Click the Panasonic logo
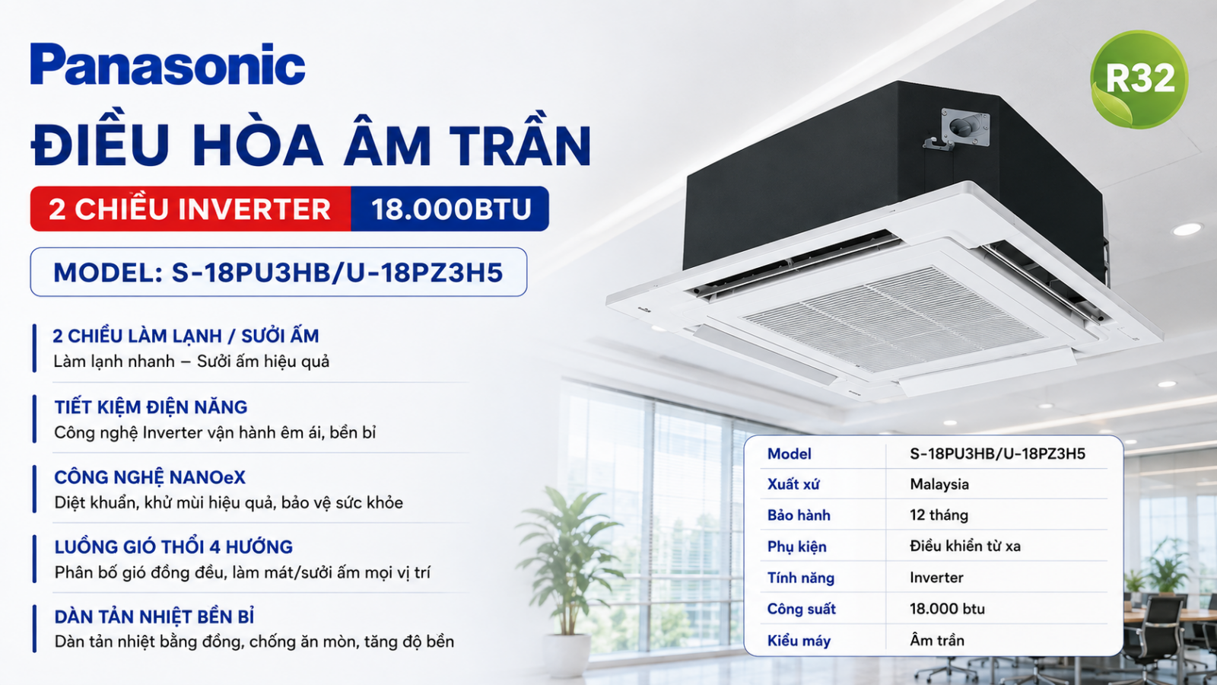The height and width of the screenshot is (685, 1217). click(x=167, y=64)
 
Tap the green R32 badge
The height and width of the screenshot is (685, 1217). click(x=1139, y=79)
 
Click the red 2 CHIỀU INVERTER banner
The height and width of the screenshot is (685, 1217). click(x=190, y=209)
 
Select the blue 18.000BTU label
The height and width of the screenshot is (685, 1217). click(x=450, y=209)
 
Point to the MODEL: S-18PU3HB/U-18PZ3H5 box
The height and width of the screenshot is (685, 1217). click(x=278, y=272)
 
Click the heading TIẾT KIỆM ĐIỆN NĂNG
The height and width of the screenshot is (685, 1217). click(x=151, y=406)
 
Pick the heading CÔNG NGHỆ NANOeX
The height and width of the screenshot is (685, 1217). click(x=150, y=477)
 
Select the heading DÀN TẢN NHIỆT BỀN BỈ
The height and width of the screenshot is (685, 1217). click(x=154, y=616)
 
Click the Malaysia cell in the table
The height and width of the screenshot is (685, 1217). click(x=939, y=484)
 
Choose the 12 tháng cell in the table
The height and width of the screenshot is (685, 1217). click(x=939, y=515)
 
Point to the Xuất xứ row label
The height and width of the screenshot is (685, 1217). click(x=793, y=484)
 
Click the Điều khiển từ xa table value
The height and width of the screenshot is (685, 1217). click(x=965, y=546)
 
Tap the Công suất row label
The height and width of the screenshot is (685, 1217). click(x=802, y=609)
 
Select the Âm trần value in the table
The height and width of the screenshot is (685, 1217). click(x=937, y=640)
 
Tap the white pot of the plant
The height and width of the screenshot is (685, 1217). click(x=566, y=655)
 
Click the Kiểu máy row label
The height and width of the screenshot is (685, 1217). click(x=799, y=640)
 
